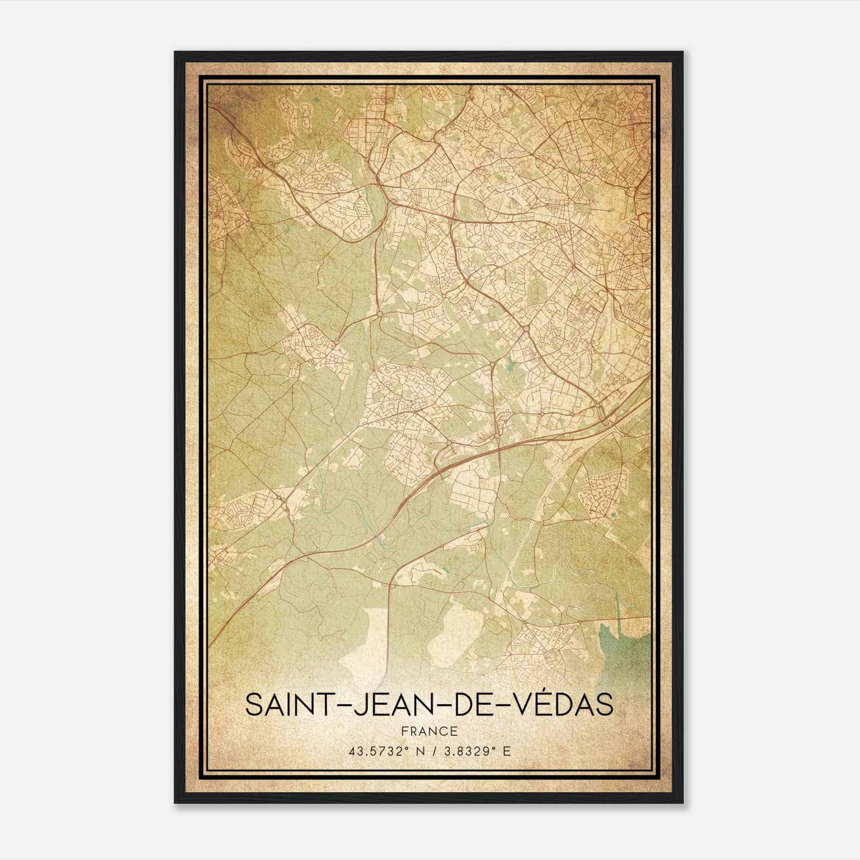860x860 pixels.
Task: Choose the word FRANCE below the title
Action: pyautogui.click(x=429, y=731)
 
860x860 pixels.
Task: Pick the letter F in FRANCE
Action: pyautogui.click(x=403, y=731)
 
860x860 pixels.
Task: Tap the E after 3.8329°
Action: pyautogui.click(x=506, y=751)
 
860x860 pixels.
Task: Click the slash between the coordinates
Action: pyautogui.click(x=430, y=751)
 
